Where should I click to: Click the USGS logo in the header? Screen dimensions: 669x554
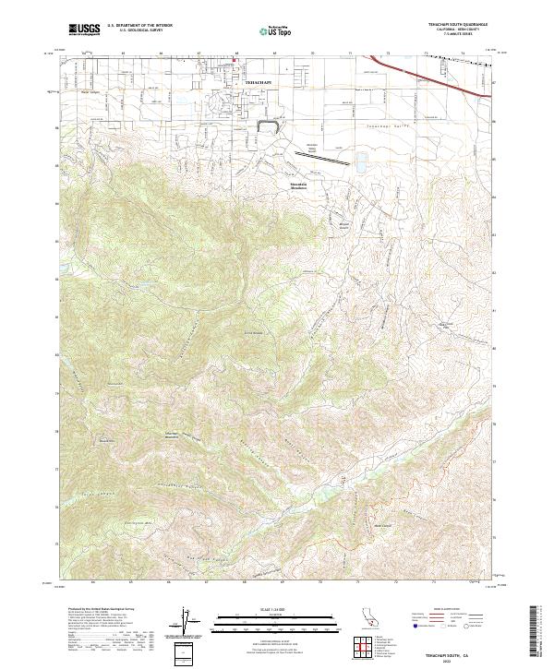tap(85, 30)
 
